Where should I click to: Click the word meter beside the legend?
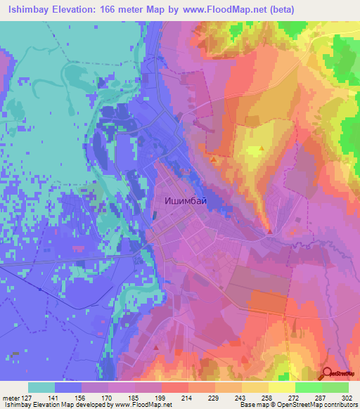[x=10, y=396]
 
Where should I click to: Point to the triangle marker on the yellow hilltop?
[x=262, y=149]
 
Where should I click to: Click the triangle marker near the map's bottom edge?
[x=155, y=348]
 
